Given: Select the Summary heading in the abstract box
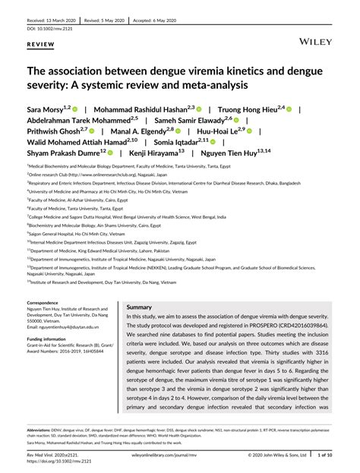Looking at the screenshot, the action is click(x=140, y=307).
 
